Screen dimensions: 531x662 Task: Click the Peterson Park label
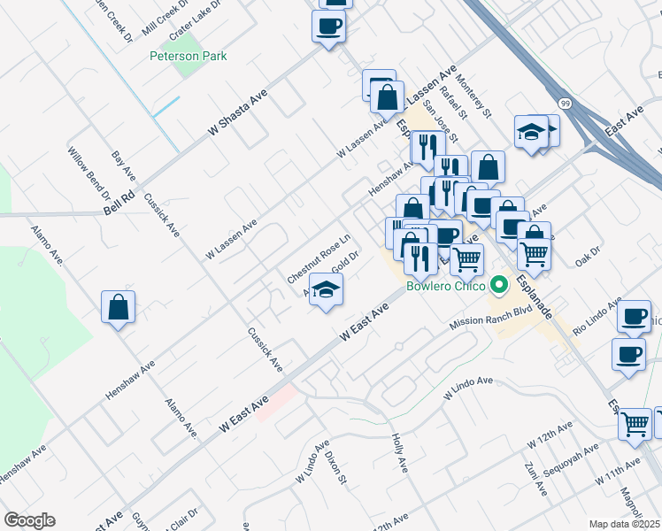click(189, 56)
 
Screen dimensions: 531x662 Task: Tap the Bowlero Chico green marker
click(499, 285)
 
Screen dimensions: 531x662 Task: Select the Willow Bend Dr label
click(89, 173)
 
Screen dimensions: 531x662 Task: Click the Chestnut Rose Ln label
click(319, 258)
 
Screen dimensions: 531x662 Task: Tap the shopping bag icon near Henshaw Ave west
click(118, 307)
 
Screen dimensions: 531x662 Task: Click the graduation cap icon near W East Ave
click(326, 290)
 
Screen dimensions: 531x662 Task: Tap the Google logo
click(29, 520)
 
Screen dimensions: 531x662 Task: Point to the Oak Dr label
click(588, 261)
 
